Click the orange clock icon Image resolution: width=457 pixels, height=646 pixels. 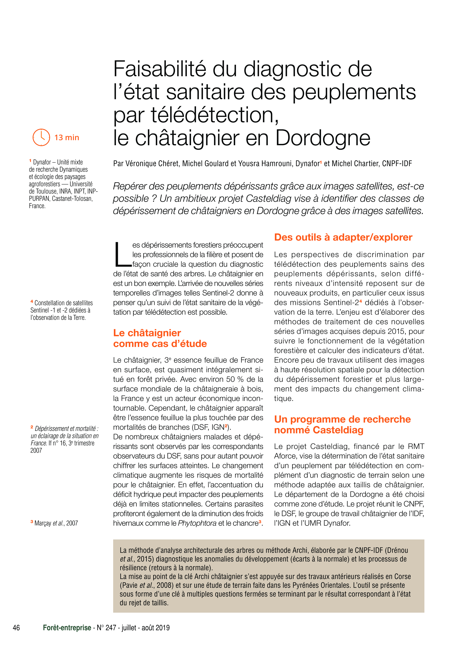(x=41, y=137)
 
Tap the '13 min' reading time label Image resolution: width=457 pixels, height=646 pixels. (x=67, y=138)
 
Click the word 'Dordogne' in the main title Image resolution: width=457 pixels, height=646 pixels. (x=323, y=138)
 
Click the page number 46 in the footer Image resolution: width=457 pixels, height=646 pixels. (x=16, y=628)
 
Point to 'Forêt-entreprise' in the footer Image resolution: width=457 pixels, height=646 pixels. (x=67, y=628)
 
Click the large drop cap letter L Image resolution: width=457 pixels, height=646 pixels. (x=122, y=255)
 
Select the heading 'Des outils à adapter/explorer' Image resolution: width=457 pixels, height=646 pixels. (x=343, y=237)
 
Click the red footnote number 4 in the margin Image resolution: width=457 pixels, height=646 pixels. (x=32, y=301)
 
